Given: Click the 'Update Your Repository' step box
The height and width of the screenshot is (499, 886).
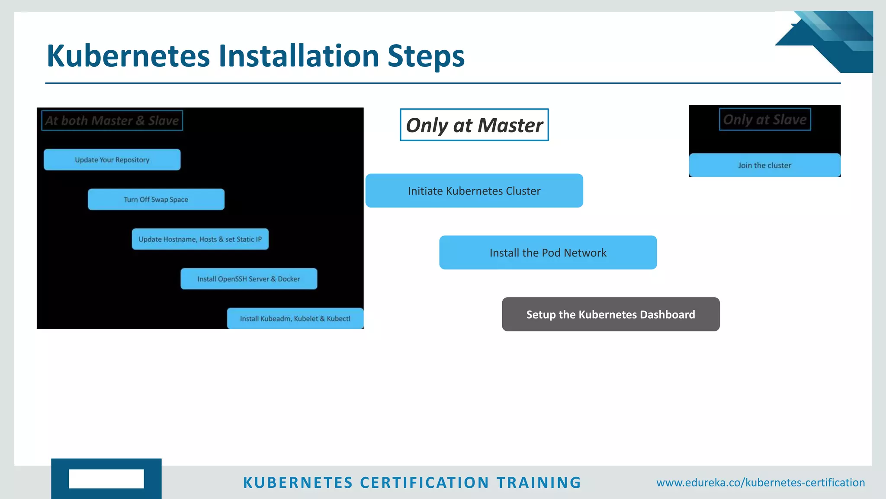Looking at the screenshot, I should click(x=112, y=160).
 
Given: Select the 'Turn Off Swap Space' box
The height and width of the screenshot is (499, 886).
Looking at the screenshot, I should click(x=156, y=200).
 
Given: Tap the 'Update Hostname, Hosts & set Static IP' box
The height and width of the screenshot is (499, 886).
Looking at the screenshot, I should click(x=200, y=239).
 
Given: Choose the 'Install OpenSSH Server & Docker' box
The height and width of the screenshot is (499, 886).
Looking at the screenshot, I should click(x=249, y=279).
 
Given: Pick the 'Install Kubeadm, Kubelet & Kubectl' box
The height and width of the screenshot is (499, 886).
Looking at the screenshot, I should click(x=295, y=319).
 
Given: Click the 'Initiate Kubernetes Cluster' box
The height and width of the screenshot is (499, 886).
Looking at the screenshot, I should click(x=474, y=191).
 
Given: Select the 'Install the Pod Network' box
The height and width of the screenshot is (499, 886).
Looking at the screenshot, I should click(x=548, y=253).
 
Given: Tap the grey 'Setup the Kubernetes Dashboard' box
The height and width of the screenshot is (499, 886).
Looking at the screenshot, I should click(x=610, y=314).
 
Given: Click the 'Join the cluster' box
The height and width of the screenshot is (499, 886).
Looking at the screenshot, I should click(x=764, y=165).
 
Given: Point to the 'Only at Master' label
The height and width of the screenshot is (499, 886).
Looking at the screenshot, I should click(x=474, y=125).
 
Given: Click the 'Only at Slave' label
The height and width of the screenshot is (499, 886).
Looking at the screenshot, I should click(x=765, y=120).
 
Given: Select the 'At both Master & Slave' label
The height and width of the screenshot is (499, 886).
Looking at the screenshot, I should click(x=112, y=120).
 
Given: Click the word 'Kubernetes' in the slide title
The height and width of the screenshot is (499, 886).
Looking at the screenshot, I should click(x=128, y=56).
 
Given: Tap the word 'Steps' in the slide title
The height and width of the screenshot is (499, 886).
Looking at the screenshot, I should click(x=426, y=56).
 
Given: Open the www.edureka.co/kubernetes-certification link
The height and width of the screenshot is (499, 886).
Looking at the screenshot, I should click(x=761, y=483).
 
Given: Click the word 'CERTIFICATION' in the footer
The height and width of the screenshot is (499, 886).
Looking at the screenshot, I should click(x=424, y=483).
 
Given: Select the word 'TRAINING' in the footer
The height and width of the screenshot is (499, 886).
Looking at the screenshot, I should click(x=539, y=483).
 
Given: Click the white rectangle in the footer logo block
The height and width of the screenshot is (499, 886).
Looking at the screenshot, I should click(x=106, y=479).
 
